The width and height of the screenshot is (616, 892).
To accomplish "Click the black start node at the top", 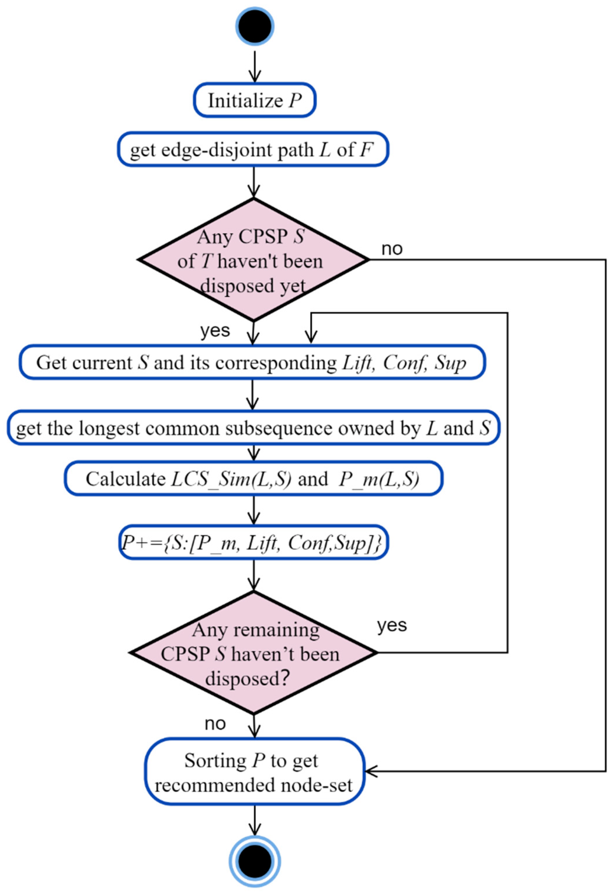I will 255,26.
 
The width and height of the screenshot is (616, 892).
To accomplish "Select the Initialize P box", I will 255,100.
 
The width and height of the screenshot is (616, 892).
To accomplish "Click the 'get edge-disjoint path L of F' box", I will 253,150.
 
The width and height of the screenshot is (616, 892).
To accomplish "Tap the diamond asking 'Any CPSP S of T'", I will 253,260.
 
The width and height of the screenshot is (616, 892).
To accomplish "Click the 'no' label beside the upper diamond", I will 392,249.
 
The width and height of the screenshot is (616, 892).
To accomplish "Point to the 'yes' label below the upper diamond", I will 215,331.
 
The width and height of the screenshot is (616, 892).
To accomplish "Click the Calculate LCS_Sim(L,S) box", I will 253,479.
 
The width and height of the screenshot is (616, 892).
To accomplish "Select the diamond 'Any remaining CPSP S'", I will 253,653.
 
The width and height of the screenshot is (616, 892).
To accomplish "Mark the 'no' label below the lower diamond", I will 215,724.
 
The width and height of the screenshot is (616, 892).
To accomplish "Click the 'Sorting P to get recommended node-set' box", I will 255,772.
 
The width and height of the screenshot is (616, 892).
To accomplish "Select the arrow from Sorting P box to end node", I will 255,820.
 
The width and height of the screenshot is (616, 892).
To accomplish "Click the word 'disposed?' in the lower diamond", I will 247,678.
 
